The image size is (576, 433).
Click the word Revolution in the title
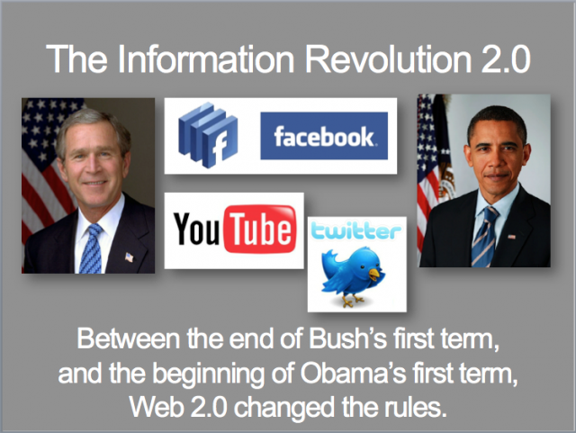click(388, 59)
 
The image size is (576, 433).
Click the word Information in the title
click(206, 59)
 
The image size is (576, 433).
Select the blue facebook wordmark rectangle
click(324, 136)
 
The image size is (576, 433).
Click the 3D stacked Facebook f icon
click(208, 135)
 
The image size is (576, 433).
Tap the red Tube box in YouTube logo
click(260, 229)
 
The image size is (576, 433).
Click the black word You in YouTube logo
click(196, 229)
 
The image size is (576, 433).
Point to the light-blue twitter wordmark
click(355, 231)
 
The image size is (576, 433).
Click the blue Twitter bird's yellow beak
click(374, 274)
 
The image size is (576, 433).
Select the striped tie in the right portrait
click(484, 237)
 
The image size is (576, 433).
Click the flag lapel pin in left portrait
click(129, 257)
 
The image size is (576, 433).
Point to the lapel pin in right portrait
click(511, 237)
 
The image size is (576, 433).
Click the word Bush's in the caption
click(347, 338)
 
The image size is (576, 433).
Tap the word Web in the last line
click(157, 407)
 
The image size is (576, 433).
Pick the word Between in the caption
click(129, 338)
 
